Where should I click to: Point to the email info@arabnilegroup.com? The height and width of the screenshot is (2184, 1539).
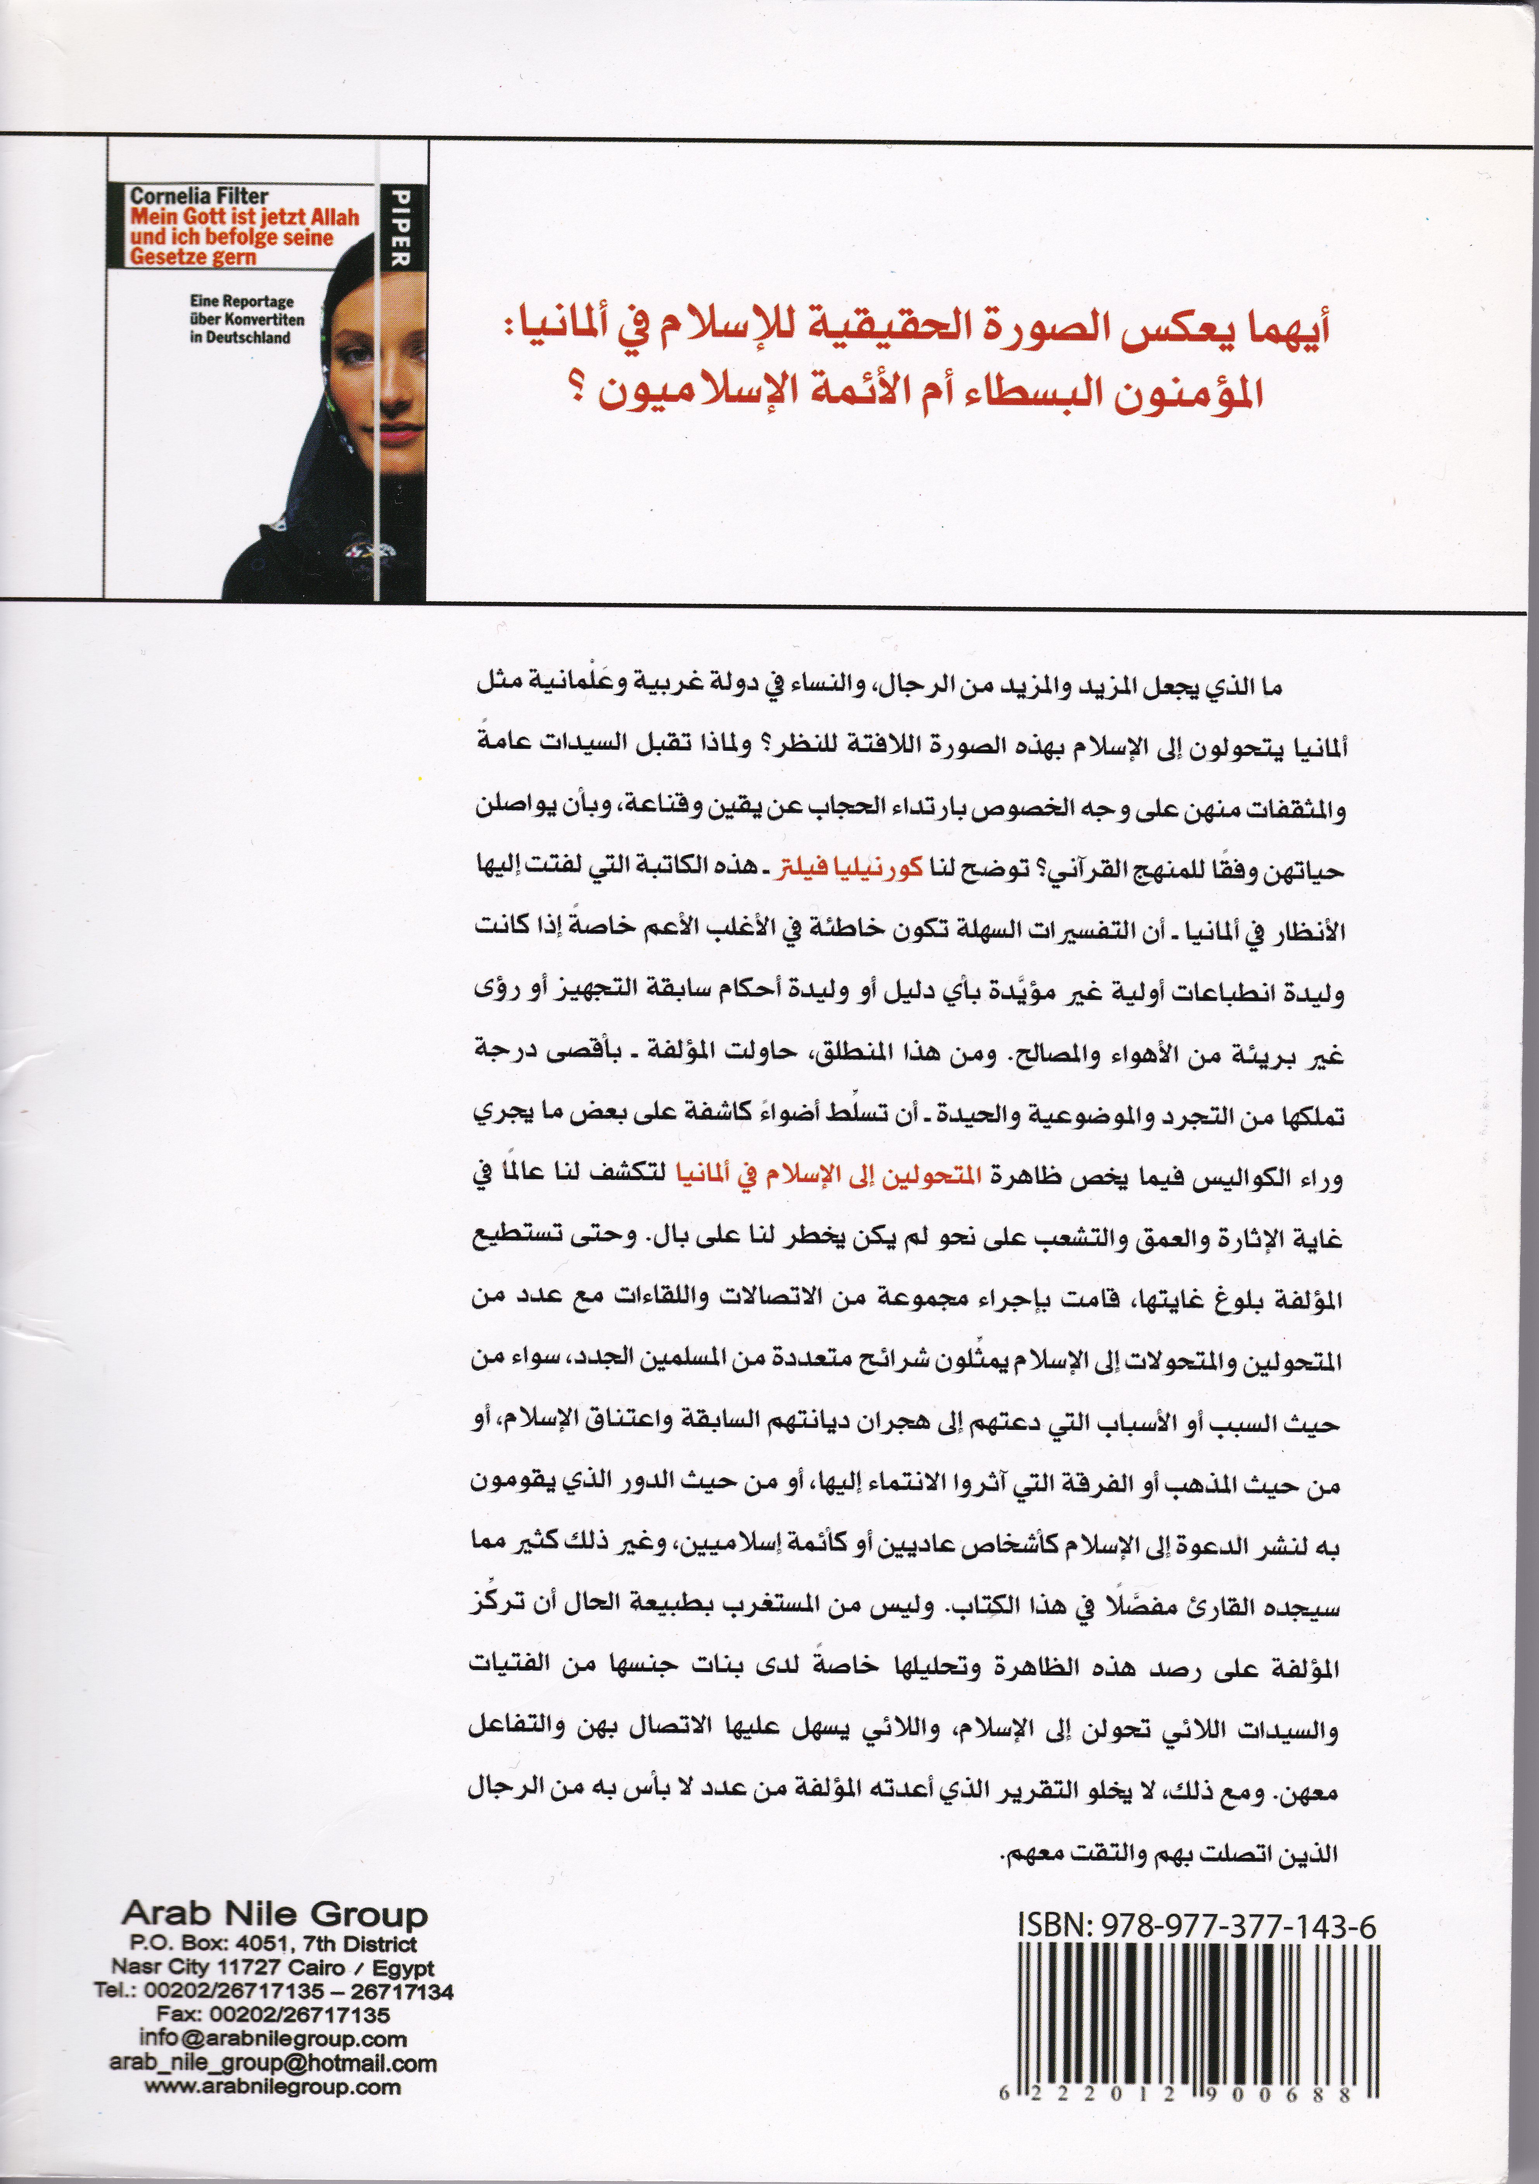[273, 2039]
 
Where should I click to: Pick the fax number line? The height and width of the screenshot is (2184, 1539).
[273, 2015]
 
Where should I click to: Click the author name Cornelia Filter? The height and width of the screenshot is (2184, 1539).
[200, 195]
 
